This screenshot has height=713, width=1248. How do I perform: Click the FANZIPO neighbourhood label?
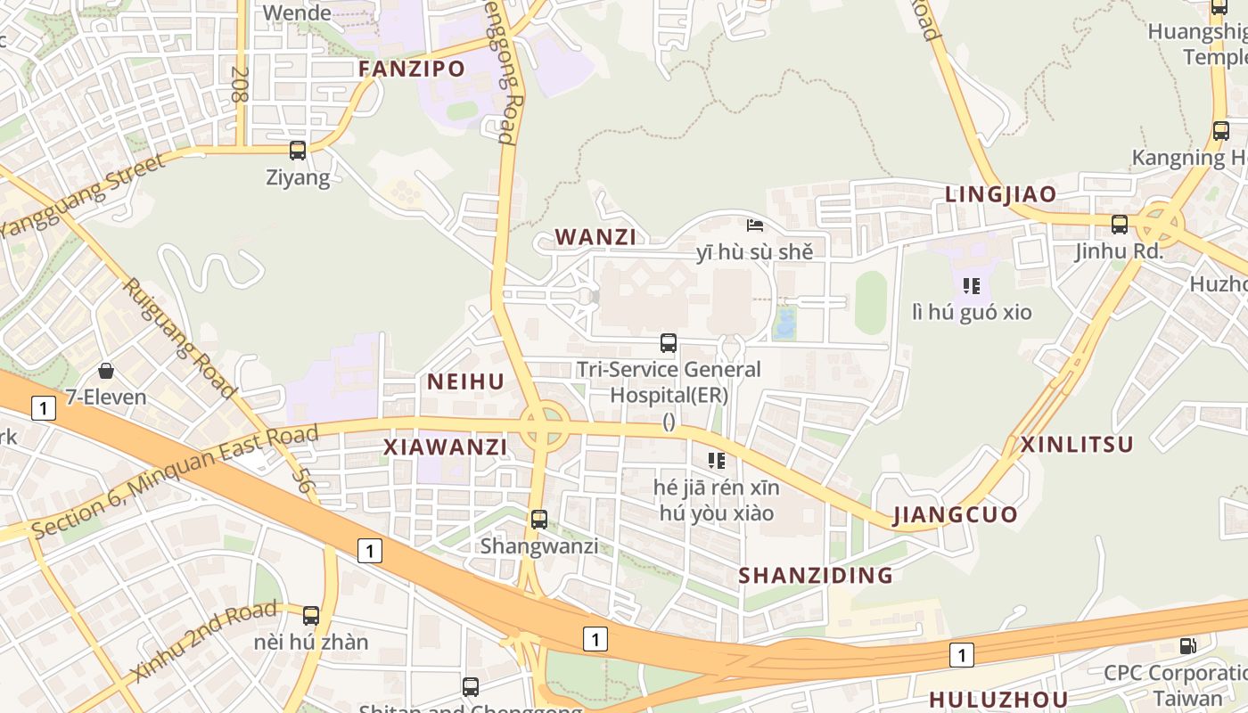412,69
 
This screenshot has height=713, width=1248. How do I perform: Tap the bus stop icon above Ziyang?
298,151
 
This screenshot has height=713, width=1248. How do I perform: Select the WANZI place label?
595,237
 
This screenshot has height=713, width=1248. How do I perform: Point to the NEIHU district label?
465,382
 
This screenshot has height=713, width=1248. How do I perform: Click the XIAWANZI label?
445,447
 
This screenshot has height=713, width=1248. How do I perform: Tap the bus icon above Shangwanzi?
539,520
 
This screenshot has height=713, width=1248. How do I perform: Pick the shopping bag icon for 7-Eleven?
106,371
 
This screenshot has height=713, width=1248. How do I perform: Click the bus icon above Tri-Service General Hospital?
669,343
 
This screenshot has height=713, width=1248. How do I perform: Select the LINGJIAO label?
1000,194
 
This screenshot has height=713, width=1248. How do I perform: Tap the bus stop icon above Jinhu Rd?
1120,225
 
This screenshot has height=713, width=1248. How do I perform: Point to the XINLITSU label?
1077,445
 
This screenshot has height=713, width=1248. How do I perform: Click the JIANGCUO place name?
955,515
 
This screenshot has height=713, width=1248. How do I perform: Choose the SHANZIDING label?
816,576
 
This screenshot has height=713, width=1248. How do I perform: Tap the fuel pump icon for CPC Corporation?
1188,646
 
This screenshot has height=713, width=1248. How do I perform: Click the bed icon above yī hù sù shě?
755,225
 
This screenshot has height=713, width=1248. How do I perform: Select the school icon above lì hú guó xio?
972,286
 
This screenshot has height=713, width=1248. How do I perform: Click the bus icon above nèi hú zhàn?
311,615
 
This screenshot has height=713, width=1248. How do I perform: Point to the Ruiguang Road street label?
177,338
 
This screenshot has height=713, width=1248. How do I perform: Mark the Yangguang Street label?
83,195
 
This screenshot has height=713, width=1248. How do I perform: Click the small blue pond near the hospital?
785,324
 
